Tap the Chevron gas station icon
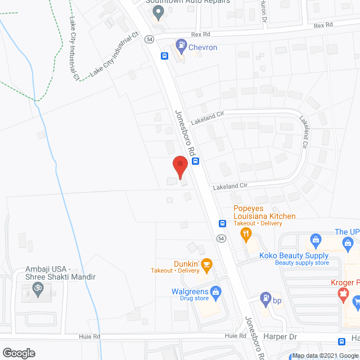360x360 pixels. coord(181,44)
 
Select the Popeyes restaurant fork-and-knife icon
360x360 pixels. coord(245,233)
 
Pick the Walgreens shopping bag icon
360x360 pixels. coord(214,292)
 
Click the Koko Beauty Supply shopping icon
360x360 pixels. coord(315,241)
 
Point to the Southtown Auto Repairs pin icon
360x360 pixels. coord(159,12)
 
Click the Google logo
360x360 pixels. coord(19,353)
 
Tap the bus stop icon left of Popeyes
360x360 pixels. coord(223,223)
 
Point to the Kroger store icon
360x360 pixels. coord(341,292)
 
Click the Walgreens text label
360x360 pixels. coord(190,292)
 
